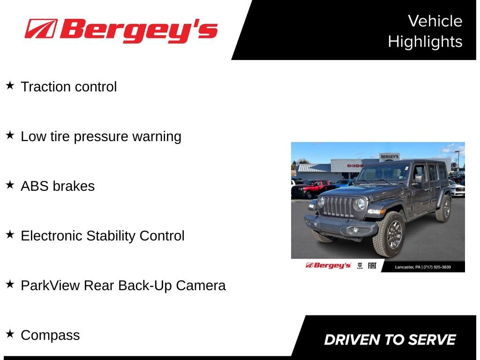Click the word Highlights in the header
point(425,42)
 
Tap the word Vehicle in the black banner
point(435,21)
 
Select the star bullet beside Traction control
point(10,86)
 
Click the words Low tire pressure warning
point(101,136)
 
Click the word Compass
point(50,335)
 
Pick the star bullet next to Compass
point(10,334)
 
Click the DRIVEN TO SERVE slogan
point(390,340)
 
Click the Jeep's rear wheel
point(443,209)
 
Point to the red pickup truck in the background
point(310,188)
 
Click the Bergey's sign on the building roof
point(389,157)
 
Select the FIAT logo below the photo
point(372,266)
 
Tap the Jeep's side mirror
point(418,179)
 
